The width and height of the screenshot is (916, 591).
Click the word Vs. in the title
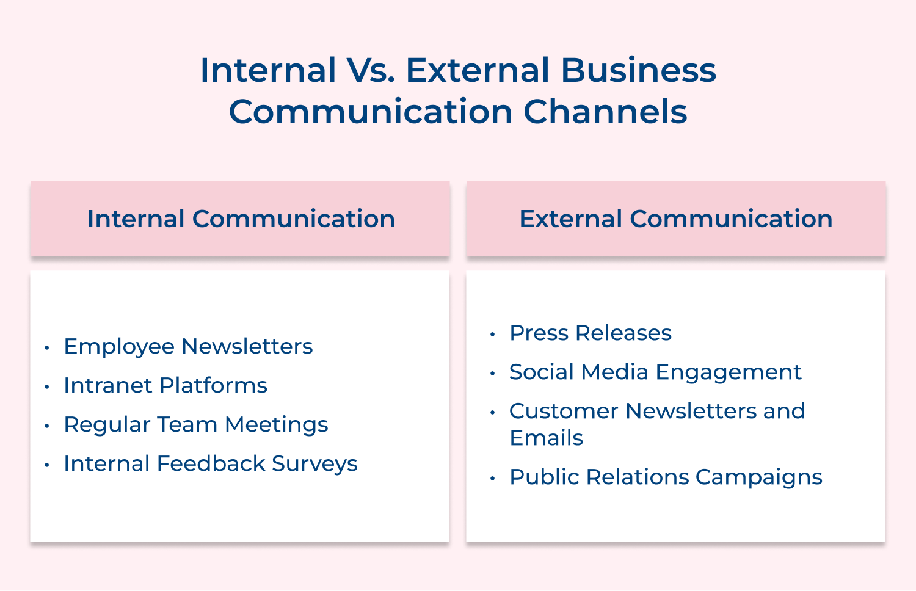pos(371,70)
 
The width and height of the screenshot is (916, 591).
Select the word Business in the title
pos(638,70)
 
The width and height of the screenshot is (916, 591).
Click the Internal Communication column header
pos(241,219)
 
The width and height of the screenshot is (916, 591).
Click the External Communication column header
pos(675,219)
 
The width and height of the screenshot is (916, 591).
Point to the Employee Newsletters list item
pos(188,346)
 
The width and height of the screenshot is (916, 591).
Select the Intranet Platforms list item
pos(165,385)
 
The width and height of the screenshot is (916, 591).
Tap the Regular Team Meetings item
pos(195,424)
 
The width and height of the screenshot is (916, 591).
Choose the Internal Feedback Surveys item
pos(210,463)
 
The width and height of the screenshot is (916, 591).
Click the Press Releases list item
pos(590,333)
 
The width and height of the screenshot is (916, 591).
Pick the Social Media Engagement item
pos(655,372)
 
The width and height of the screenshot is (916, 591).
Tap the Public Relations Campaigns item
pos(666,477)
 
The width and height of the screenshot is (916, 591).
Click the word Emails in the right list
pos(546,438)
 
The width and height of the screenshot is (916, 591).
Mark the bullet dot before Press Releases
pos(492,334)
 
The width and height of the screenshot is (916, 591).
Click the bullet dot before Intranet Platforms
pos(46,386)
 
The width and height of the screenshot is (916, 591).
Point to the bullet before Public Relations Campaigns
pos(492,478)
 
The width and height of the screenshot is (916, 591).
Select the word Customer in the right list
pos(563,411)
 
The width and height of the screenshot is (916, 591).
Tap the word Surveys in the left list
pos(314,463)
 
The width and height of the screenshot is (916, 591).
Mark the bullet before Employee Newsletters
pos(46,347)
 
